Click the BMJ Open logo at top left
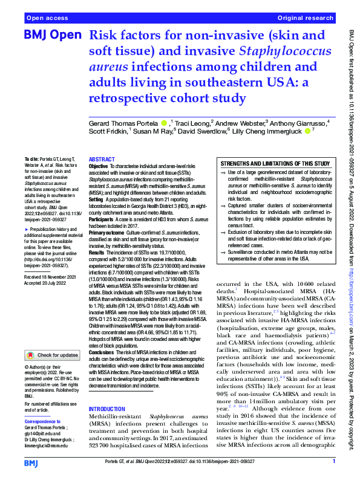(48, 37)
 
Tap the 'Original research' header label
(305, 18)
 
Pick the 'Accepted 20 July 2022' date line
(45, 282)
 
